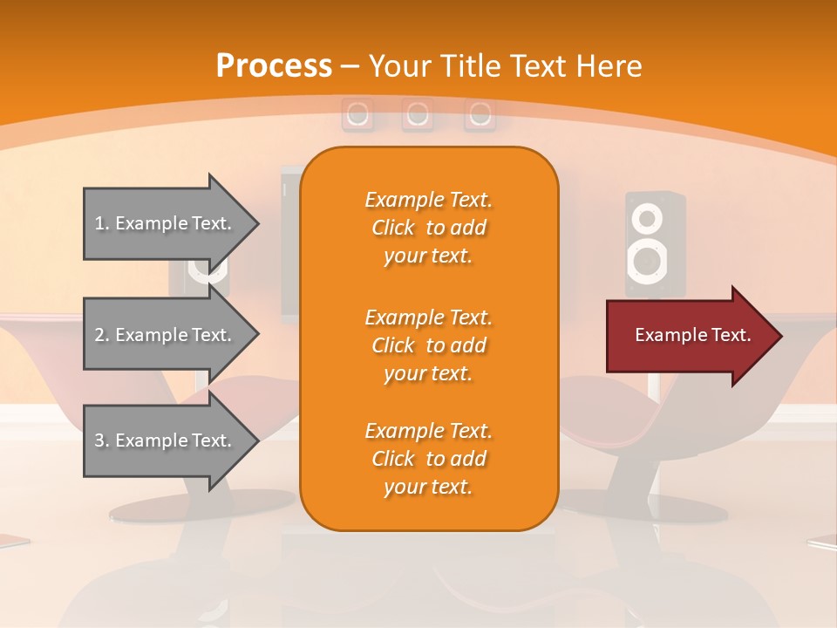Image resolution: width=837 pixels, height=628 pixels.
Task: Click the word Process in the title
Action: [274, 66]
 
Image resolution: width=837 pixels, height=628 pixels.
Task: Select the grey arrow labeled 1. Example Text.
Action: [166, 223]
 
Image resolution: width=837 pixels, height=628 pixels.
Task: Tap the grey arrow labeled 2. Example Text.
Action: [166, 335]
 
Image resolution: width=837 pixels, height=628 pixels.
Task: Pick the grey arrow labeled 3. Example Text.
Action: [166, 440]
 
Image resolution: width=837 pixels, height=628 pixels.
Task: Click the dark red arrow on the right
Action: [689, 335]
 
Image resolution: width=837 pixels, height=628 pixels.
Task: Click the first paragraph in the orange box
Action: [428, 228]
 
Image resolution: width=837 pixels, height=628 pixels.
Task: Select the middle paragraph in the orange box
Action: [428, 345]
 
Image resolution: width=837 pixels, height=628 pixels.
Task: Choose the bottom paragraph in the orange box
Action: [428, 459]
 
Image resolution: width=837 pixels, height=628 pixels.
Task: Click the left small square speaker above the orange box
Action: [357, 114]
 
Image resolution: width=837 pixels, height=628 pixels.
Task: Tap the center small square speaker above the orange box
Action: [418, 114]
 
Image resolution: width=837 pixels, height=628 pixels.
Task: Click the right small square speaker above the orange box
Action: [480, 114]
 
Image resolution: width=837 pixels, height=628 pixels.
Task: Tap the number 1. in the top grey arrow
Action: [102, 223]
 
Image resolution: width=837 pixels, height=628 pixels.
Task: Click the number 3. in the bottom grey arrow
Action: [102, 440]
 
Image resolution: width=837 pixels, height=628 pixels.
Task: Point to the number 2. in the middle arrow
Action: [102, 335]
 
